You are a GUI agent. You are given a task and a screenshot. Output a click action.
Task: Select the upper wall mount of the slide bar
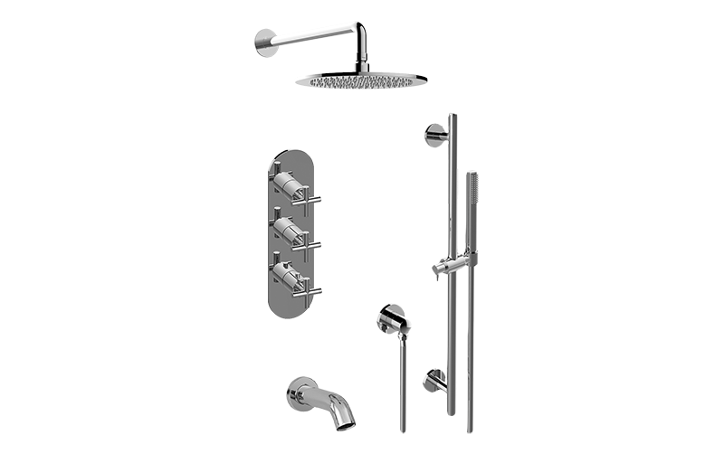(433, 134)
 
